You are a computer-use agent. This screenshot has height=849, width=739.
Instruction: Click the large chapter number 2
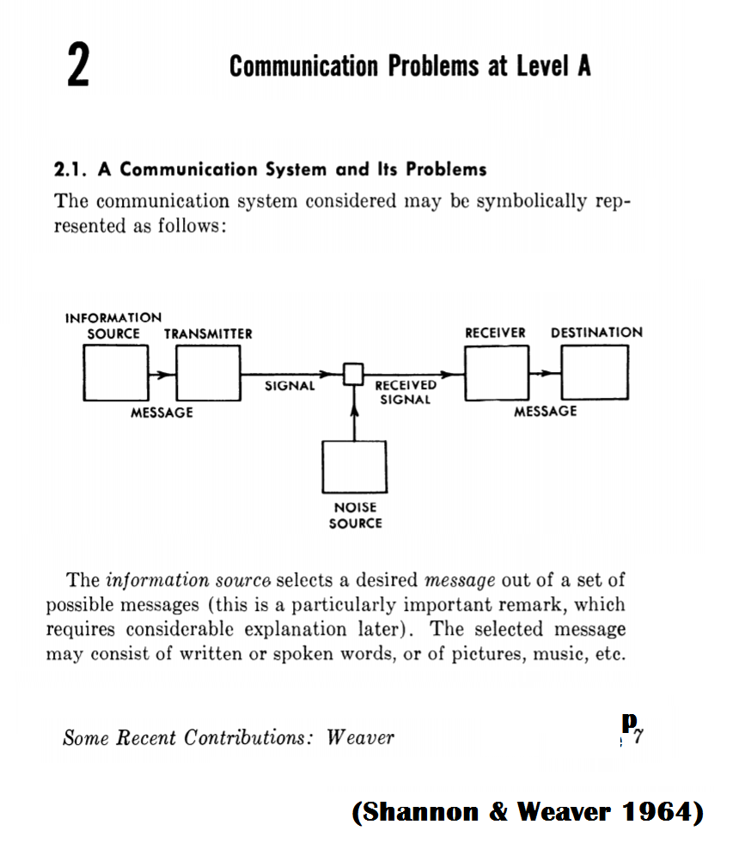tap(78, 67)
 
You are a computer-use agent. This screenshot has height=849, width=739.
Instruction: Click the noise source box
tap(354, 467)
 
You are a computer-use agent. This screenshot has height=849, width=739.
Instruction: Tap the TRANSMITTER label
tap(208, 333)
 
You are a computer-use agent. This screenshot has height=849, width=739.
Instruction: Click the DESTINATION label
tap(596, 333)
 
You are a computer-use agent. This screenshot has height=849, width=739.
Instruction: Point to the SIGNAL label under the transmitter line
tap(290, 387)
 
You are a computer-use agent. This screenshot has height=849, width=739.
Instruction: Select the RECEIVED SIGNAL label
tap(406, 393)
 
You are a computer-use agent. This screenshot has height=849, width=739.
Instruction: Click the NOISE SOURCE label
tap(355, 515)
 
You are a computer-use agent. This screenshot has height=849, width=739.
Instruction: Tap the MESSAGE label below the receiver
tap(546, 412)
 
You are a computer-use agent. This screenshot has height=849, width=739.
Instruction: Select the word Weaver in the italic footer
tap(360, 737)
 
